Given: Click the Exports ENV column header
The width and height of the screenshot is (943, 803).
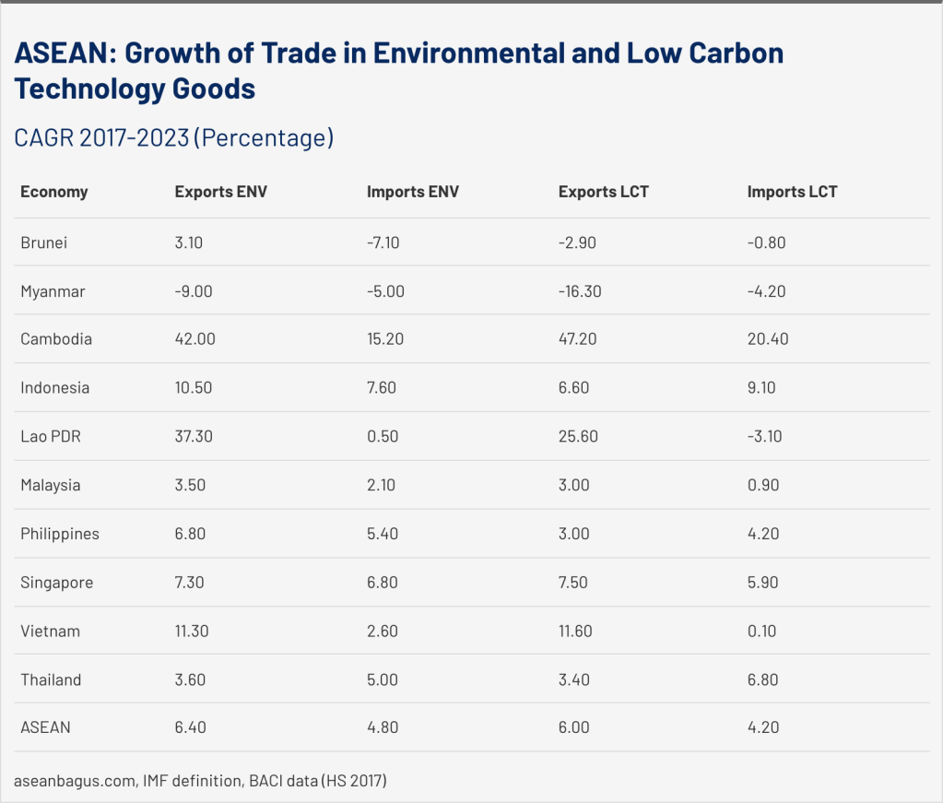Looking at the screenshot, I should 221,192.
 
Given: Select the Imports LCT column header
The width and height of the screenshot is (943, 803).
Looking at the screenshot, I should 792,192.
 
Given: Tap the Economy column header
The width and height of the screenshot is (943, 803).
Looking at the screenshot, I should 54,192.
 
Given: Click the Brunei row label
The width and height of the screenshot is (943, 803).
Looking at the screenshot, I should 44,242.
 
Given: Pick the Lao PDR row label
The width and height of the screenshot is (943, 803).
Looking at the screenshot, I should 51,436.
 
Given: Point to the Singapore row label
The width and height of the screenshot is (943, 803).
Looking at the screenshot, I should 56,583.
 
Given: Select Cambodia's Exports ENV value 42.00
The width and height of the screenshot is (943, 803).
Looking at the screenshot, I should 194,339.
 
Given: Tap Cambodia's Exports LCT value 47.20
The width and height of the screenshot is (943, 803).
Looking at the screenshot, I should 578,339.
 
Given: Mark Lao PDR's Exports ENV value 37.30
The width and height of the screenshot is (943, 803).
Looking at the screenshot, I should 194,436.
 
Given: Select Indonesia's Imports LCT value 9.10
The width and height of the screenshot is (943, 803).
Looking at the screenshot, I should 761,388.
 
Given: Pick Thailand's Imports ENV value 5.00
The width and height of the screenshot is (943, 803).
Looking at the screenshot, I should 383,680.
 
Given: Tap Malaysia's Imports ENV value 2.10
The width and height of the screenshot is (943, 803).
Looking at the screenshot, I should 381,485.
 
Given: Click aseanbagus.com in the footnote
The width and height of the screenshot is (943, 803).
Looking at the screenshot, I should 76,781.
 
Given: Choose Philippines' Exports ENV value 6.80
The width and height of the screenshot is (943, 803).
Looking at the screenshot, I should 190,534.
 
